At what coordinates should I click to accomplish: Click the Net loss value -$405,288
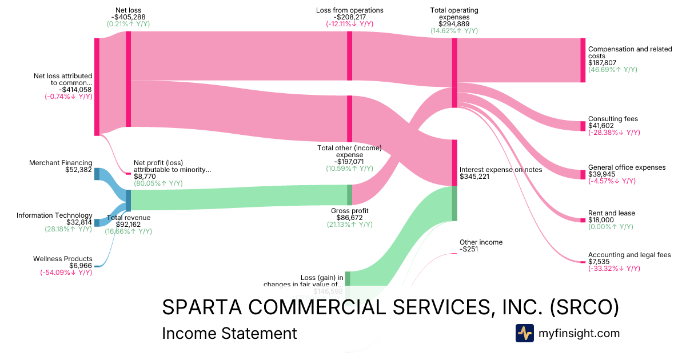tap(128, 17)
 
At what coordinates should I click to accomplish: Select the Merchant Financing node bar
tap(97, 174)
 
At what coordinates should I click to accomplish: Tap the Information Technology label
tap(54, 215)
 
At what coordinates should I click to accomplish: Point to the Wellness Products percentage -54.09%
tap(66, 273)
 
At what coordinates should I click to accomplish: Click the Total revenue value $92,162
tap(128, 225)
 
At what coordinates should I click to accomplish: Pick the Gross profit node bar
tap(349, 194)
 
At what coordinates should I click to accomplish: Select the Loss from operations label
tap(349, 10)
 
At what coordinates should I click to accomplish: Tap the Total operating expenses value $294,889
tap(454, 24)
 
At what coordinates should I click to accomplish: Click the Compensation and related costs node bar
tap(583, 60)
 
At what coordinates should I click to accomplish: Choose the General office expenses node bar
tap(583, 174)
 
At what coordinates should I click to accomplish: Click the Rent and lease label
tap(611, 213)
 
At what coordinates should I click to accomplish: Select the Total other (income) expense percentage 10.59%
tap(349, 169)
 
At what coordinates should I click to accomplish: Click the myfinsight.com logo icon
tap(524, 333)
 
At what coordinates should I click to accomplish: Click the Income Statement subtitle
tap(229, 333)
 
